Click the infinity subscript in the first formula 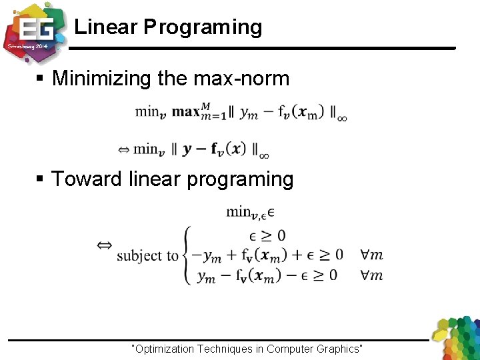click(x=341, y=118)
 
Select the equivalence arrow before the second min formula click(x=123, y=150)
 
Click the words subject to click(x=147, y=255)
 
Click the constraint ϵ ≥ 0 click(x=267, y=235)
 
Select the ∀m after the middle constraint click(x=371, y=255)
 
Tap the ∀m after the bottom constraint click(x=371, y=275)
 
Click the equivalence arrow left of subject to click(x=105, y=246)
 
